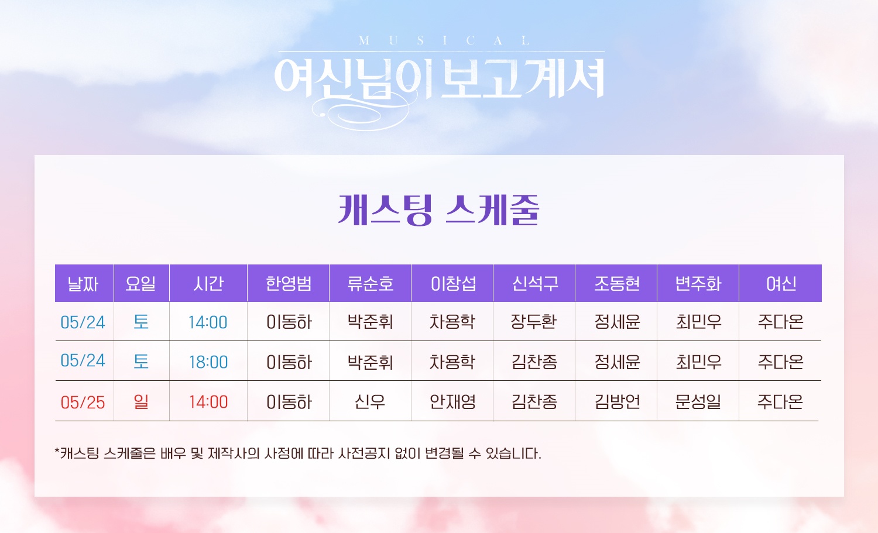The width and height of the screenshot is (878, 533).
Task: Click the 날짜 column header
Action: coord(83,283)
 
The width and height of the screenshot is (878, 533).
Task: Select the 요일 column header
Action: coord(140,283)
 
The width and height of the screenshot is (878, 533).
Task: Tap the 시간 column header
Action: coord(208,283)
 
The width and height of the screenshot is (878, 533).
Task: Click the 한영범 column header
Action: coord(289,283)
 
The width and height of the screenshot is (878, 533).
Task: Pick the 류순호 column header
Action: coord(371,283)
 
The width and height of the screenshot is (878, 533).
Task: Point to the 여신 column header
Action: coord(781,283)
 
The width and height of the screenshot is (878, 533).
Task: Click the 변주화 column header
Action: coord(698,283)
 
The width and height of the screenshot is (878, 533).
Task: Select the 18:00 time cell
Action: coord(208,362)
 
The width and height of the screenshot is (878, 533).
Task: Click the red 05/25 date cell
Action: coord(83,403)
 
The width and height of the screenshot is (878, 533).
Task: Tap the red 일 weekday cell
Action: coord(140,401)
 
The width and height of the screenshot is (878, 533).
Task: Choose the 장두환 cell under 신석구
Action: coord(533,321)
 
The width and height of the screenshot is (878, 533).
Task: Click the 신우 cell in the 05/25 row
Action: coord(369,401)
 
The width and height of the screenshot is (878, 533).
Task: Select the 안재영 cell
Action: coord(452,401)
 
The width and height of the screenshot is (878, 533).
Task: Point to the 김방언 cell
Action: coord(618,401)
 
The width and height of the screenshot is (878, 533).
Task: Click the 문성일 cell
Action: coord(698,401)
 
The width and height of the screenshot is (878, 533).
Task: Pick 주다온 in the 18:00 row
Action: coord(780,362)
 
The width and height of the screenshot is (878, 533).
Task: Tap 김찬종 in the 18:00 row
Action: coord(534,362)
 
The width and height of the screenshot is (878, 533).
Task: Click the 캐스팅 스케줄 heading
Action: coord(438,210)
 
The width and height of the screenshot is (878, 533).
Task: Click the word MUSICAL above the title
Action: coord(444,40)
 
